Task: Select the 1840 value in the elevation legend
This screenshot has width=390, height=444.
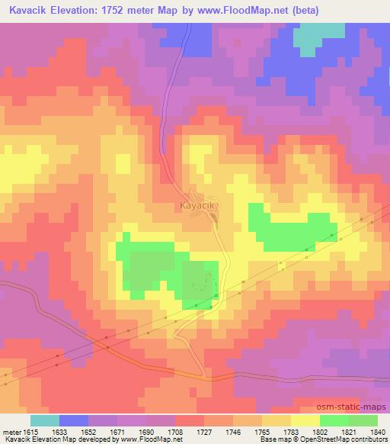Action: (x=377, y=431)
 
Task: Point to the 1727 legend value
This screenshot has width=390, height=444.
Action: (x=204, y=431)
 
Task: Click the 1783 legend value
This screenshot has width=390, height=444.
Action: (x=291, y=431)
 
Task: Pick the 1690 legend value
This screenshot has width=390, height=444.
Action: (x=146, y=431)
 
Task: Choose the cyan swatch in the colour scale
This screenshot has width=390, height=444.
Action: (x=45, y=420)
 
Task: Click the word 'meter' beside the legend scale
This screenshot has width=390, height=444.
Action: (x=11, y=431)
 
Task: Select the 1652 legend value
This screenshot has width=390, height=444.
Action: (x=88, y=431)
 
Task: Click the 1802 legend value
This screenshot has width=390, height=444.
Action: (x=320, y=431)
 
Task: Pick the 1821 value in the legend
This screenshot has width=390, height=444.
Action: (x=349, y=431)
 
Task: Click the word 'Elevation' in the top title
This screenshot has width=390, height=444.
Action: (x=78, y=11)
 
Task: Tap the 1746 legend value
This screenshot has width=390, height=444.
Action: (x=233, y=431)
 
